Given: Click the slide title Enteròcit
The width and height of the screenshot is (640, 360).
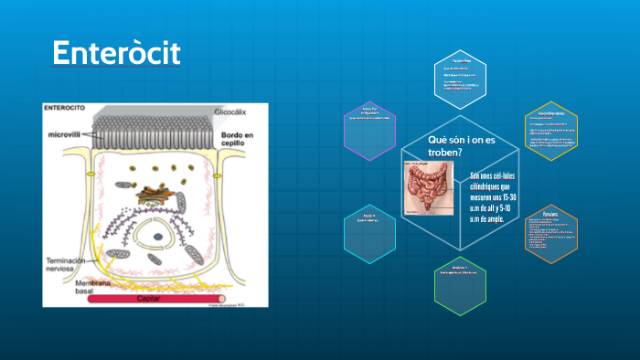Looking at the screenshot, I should [116, 54].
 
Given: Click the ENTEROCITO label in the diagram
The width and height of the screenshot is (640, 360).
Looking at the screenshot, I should [65, 108].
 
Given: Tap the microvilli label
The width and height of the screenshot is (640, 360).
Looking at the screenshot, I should [67, 134].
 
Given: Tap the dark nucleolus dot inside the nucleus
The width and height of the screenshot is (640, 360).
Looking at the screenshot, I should [157, 236].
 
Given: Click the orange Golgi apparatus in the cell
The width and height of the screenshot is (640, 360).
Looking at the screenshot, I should [148, 194].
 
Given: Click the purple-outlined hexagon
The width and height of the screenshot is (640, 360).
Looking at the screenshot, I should [369, 124].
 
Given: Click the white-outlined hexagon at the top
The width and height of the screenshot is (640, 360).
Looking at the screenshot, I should [460, 74].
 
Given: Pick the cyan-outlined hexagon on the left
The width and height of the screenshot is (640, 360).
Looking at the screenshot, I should [368, 230].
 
